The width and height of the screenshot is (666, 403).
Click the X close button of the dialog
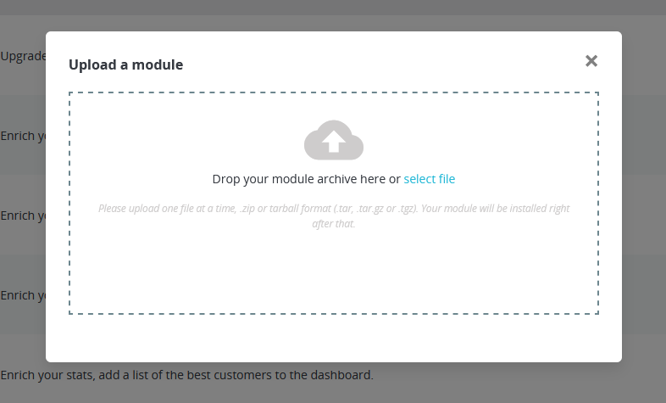[591, 60]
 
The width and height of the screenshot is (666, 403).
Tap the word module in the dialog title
[161, 64]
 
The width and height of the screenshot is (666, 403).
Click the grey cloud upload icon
[334, 140]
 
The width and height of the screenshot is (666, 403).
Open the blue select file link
[430, 179]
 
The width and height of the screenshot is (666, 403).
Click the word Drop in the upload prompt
[226, 179]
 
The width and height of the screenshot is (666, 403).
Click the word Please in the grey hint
[113, 208]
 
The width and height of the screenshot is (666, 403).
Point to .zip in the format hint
[249, 208]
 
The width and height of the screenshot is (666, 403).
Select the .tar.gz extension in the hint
[375, 208]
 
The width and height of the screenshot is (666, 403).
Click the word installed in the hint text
[524, 208]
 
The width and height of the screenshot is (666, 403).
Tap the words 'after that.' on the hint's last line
[334, 224]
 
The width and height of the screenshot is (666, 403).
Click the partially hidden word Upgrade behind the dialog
[22, 56]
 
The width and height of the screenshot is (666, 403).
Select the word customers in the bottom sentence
[246, 374]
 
